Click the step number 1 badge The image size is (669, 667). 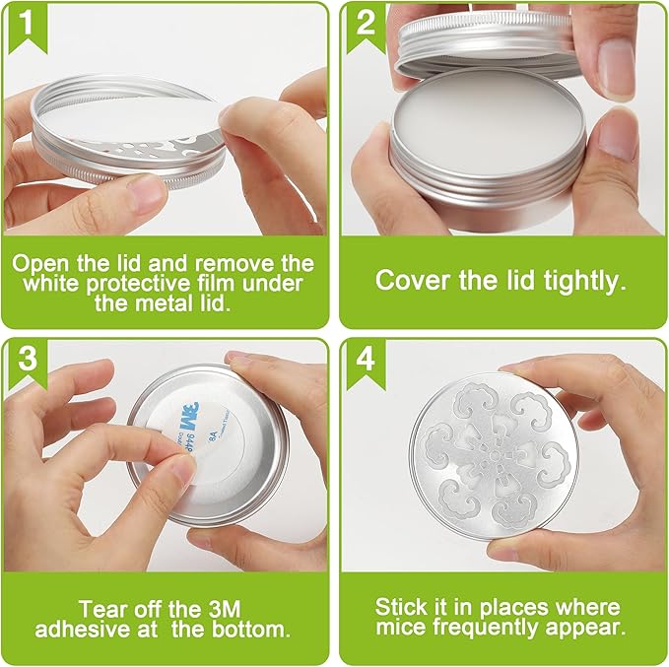(x=28, y=29)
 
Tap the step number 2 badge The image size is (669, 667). (x=366, y=29)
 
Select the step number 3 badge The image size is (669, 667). (x=28, y=364)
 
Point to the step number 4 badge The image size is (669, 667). (x=366, y=364)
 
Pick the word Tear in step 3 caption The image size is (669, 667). (x=103, y=609)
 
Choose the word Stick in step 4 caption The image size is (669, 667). (x=401, y=607)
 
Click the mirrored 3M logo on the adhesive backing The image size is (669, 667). (x=187, y=417)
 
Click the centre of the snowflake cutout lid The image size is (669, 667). (x=494, y=456)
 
